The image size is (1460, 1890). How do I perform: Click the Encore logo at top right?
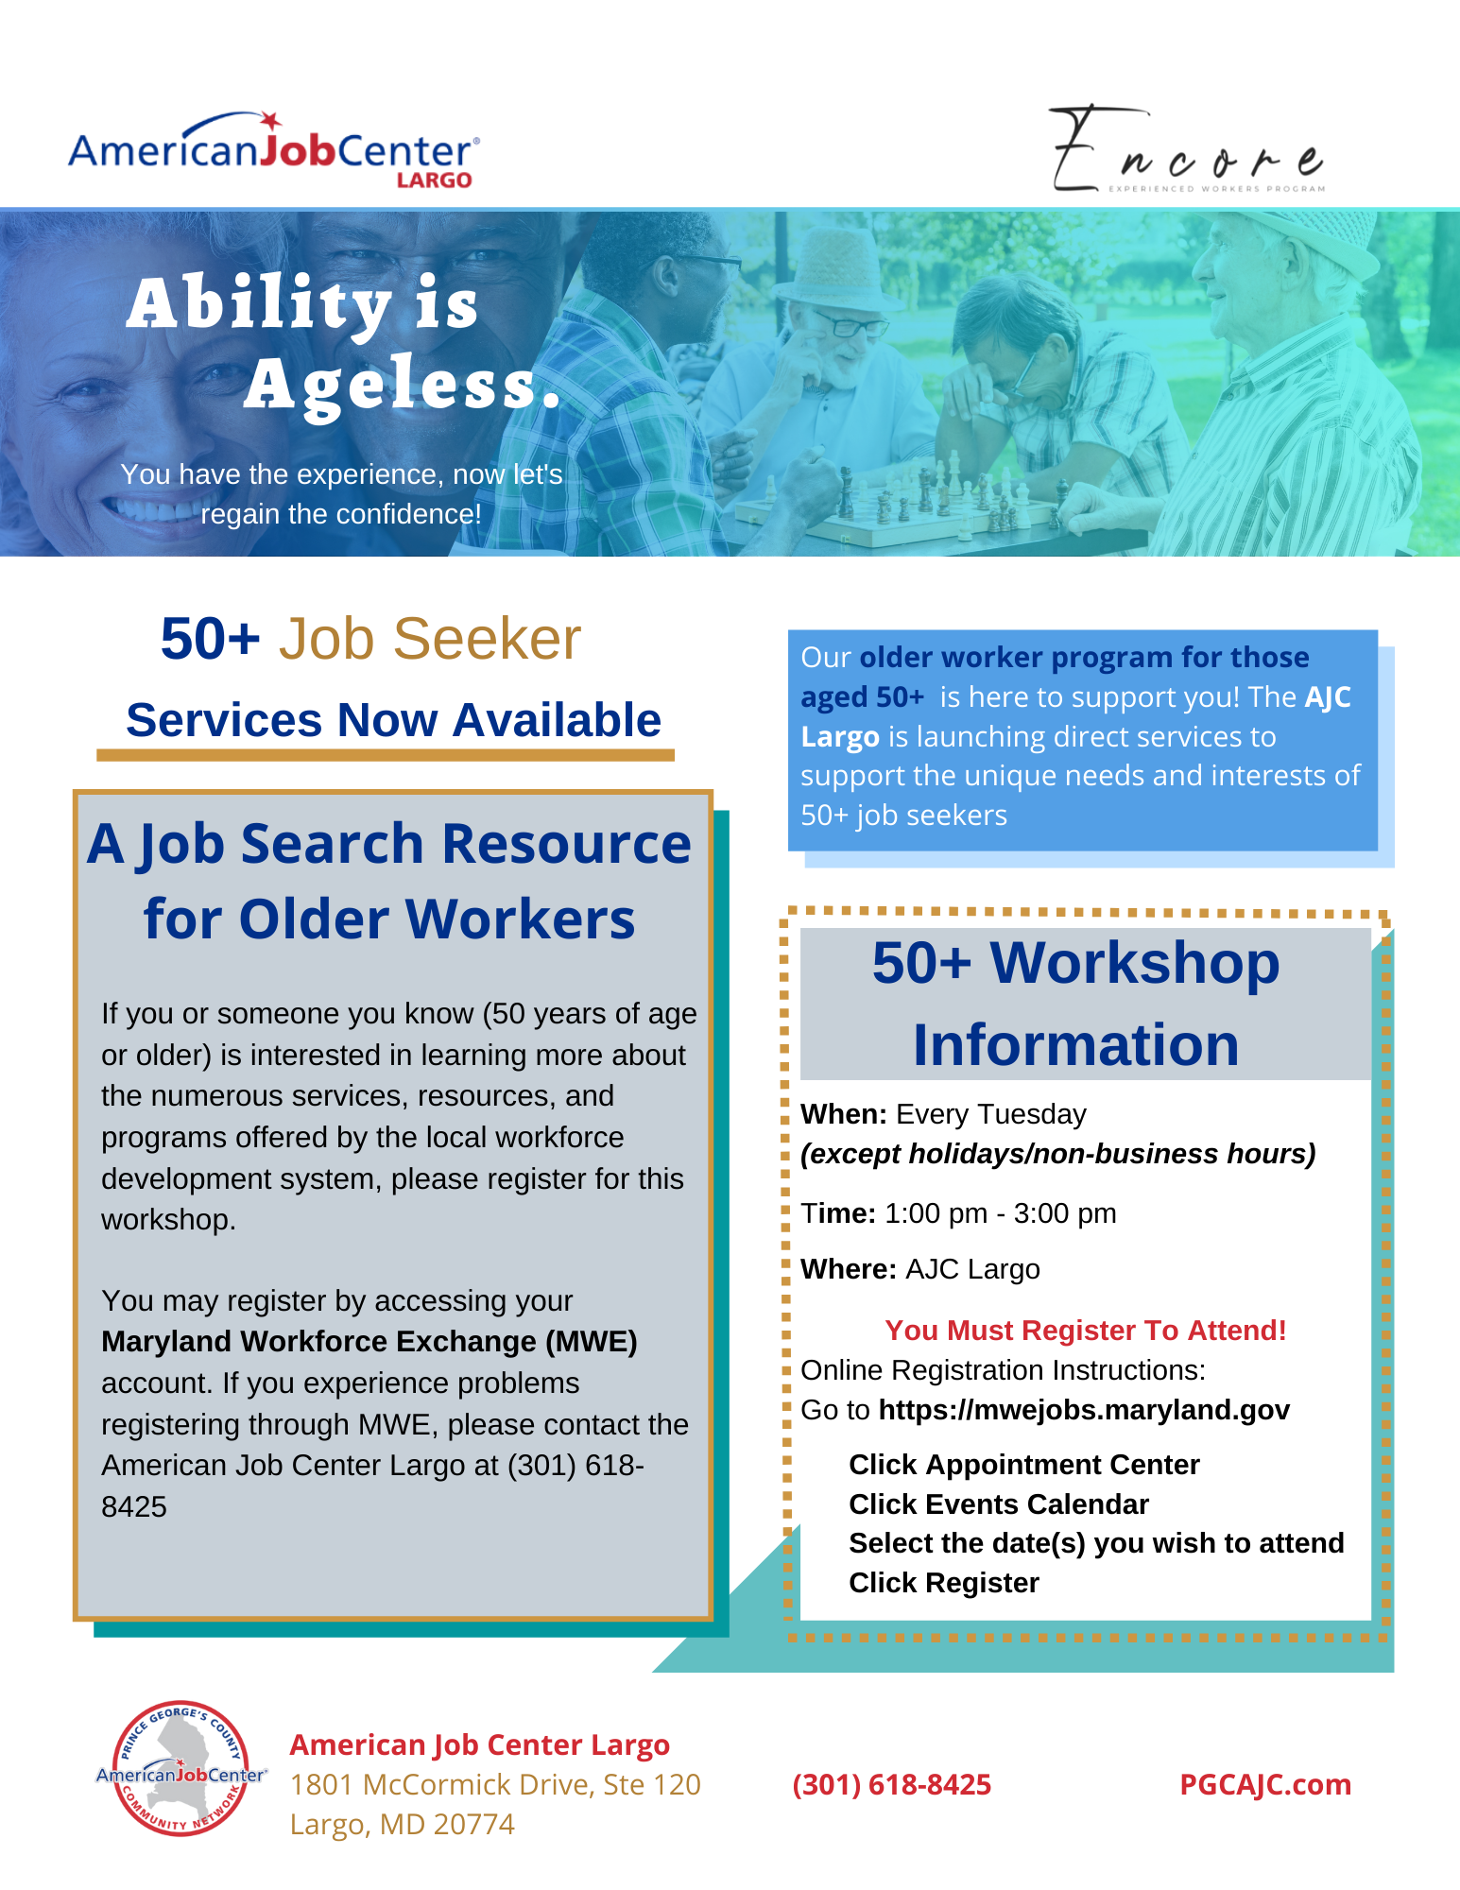point(1188,148)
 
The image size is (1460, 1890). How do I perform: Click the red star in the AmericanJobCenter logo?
point(271,121)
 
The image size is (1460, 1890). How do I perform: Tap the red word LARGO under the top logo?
point(434,180)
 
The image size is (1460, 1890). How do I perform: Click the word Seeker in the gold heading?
point(487,639)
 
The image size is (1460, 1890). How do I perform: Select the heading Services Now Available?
point(393,720)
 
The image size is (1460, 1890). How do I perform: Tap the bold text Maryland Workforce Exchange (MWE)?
point(369,1341)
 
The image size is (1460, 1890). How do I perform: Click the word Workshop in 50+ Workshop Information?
point(1135,963)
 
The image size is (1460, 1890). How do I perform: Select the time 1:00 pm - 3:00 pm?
point(1001,1212)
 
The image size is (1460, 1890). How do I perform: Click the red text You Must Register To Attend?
point(1086,1330)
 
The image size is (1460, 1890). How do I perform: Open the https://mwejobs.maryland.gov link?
point(1084,1410)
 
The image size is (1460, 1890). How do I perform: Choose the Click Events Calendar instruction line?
point(999,1503)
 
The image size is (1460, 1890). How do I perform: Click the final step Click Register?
point(944,1583)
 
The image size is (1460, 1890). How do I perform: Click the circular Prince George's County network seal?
point(181,1769)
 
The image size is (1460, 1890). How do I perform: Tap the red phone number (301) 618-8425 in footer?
point(892,1784)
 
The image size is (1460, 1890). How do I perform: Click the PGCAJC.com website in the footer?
point(1265,1784)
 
